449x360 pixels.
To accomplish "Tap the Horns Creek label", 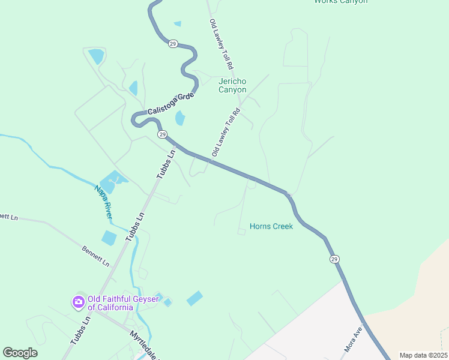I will tap(271, 227).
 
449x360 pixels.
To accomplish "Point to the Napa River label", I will tap(103, 201).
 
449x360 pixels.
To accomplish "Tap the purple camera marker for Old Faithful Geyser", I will tap(78, 302).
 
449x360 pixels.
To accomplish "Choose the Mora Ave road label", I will tap(354, 339).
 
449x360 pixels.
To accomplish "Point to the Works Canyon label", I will tap(340, 2).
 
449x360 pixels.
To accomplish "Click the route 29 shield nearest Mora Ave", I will tap(334, 259).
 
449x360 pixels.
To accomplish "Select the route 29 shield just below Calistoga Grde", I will tap(162, 134).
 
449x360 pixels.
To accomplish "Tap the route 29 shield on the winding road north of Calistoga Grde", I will tap(172, 44).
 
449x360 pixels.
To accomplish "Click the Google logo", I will tap(20, 353).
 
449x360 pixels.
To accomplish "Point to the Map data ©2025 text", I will tap(423, 355).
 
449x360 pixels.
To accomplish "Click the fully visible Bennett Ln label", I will tap(96, 255).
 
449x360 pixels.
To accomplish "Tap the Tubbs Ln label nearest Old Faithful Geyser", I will tap(80, 329).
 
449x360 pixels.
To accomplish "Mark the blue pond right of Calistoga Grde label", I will tap(180, 119).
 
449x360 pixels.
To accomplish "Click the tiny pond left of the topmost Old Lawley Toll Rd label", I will tap(177, 24).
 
